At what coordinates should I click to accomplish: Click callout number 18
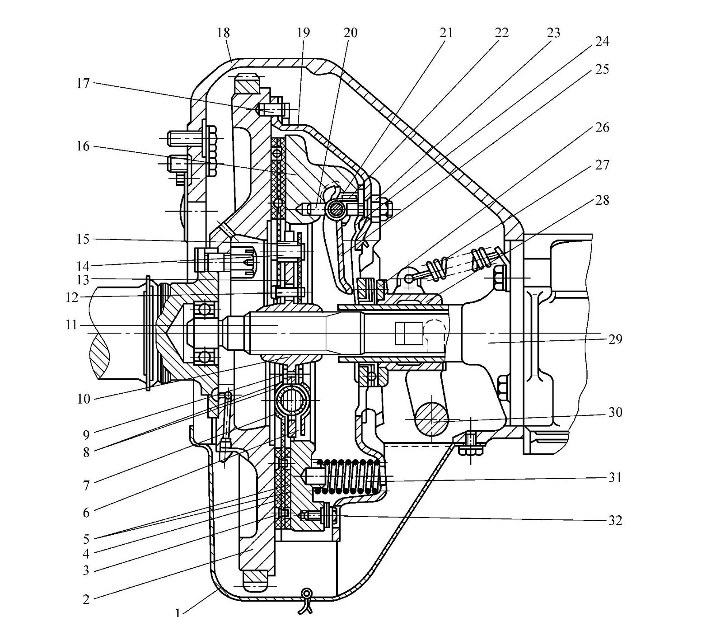pos(223,33)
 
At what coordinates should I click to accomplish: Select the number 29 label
pos(615,339)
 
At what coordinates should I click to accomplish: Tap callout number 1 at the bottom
pos(178,612)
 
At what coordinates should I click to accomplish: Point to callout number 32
pos(615,520)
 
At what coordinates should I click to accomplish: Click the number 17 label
pos(83,83)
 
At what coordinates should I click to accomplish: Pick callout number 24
pos(602,42)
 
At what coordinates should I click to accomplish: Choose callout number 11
pos(71,325)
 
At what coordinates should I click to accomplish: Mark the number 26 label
pos(602,127)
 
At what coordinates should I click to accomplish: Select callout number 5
pos(86,539)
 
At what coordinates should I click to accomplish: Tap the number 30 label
pos(615,412)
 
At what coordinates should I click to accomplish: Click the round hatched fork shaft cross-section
pos(432,419)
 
